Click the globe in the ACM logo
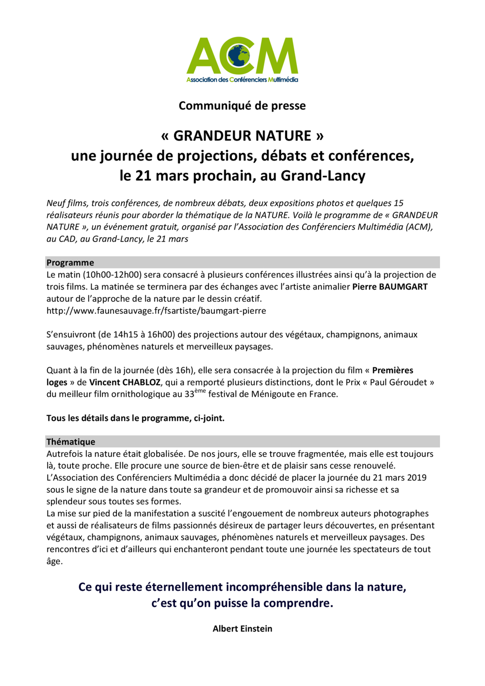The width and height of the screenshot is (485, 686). tap(239, 56)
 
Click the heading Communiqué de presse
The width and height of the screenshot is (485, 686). tap(242, 106)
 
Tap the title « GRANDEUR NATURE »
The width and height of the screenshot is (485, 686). tap(242, 135)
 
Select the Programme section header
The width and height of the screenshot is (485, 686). tap(70, 262)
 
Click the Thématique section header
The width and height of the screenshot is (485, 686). tap(71, 441)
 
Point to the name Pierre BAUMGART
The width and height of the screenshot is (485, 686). tap(390, 287)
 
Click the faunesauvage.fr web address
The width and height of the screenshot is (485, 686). tap(156, 310)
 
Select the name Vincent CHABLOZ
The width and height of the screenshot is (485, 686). tap(125, 382)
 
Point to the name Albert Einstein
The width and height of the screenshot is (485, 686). tap(242, 628)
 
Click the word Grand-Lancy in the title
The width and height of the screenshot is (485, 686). tap(323, 176)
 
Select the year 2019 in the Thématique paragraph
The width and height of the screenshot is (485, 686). tap(416, 477)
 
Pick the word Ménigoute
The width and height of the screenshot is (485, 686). tap(277, 394)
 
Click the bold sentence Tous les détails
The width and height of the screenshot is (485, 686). tap(135, 418)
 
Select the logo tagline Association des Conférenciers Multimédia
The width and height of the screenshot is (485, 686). tap(242, 80)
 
